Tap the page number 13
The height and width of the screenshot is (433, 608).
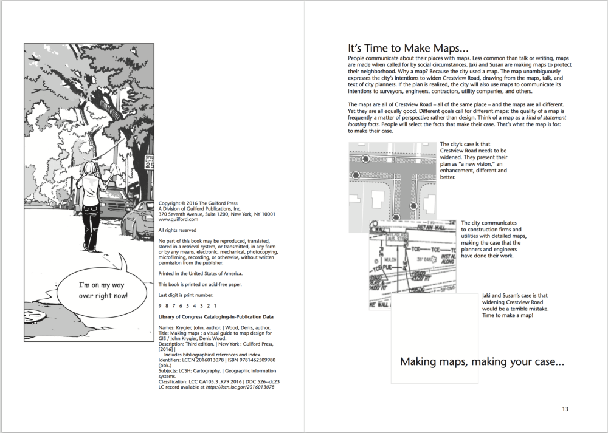pyautogui.click(x=565, y=409)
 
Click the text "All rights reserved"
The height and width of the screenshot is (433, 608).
pyautogui.click(x=177, y=230)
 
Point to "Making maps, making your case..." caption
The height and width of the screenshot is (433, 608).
pyautogui.click(x=482, y=362)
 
